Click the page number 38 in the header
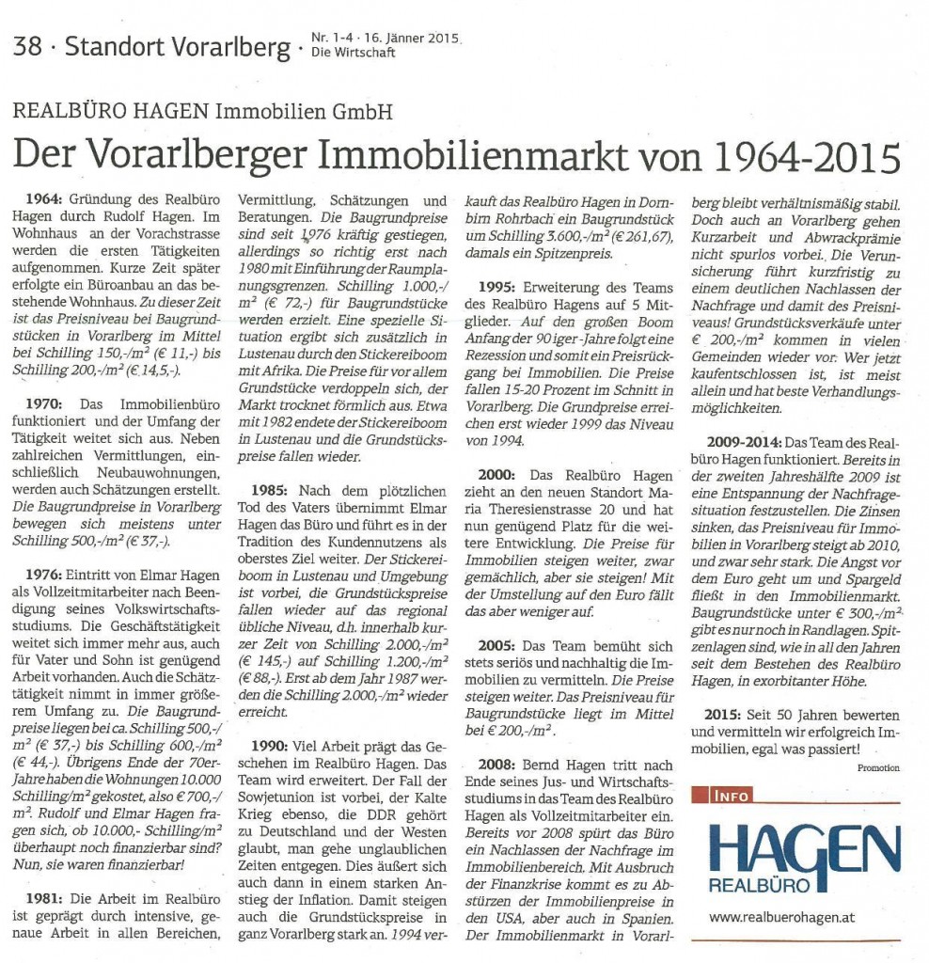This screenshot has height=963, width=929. tap(28, 46)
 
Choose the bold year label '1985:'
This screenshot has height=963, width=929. tap(273, 491)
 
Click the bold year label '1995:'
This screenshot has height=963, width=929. tap(500, 287)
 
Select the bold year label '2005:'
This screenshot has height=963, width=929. tap(500, 646)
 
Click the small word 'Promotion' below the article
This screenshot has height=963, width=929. tap(878, 767)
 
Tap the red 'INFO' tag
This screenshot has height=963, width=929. tap(728, 796)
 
